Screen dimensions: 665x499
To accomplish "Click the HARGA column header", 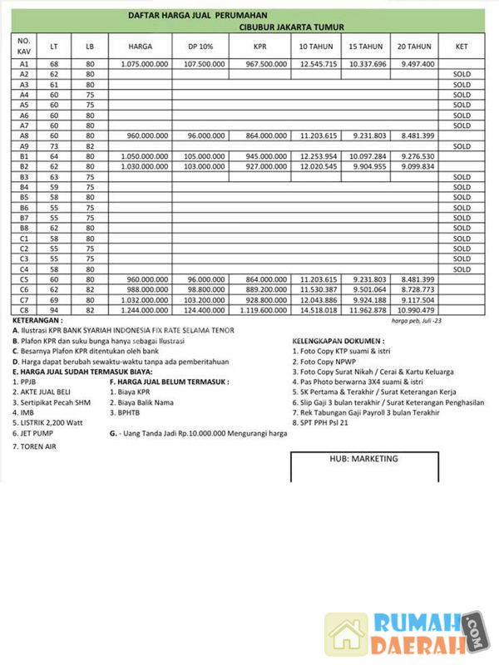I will pyautogui.click(x=140, y=47).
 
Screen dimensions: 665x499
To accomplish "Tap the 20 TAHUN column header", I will pyautogui.click(x=414, y=47).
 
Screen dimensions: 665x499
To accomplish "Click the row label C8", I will pyautogui.click(x=24, y=310).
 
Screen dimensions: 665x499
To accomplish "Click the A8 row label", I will pyautogui.click(x=24, y=135).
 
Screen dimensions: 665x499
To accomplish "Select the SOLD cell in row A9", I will pyautogui.click(x=462, y=145).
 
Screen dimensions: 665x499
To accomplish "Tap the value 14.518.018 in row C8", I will pyautogui.click(x=319, y=310).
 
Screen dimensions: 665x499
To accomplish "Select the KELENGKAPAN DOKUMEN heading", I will pyautogui.click(x=338, y=341).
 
